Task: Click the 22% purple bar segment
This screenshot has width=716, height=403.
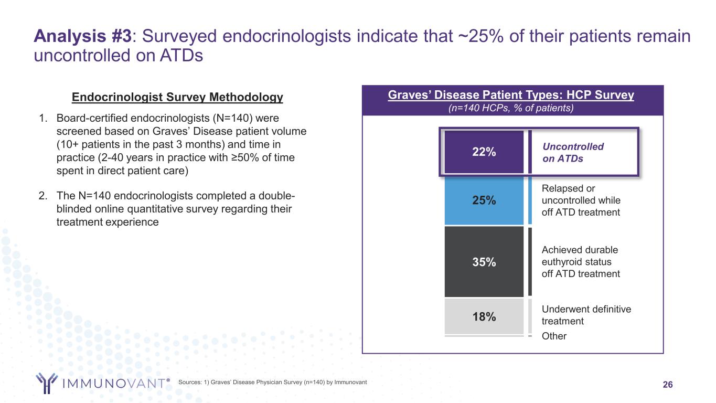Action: (484, 152)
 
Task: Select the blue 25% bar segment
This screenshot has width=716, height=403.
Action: (484, 200)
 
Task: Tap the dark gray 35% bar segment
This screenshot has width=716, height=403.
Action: (484, 261)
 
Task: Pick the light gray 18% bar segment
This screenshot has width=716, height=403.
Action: (484, 316)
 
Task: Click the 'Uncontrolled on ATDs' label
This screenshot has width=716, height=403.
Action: (573, 153)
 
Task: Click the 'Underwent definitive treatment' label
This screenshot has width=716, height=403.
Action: (585, 315)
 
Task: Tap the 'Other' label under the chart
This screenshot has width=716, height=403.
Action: (554, 336)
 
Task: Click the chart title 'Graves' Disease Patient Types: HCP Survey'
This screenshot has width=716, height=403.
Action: (511, 96)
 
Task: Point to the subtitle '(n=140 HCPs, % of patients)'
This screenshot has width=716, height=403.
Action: (511, 108)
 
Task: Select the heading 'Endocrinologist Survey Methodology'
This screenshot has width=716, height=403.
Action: (177, 97)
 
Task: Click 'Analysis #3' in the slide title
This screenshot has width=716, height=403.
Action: (82, 36)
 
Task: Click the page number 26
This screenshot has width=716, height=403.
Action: (668, 385)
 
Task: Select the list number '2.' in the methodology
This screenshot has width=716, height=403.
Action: (43, 196)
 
